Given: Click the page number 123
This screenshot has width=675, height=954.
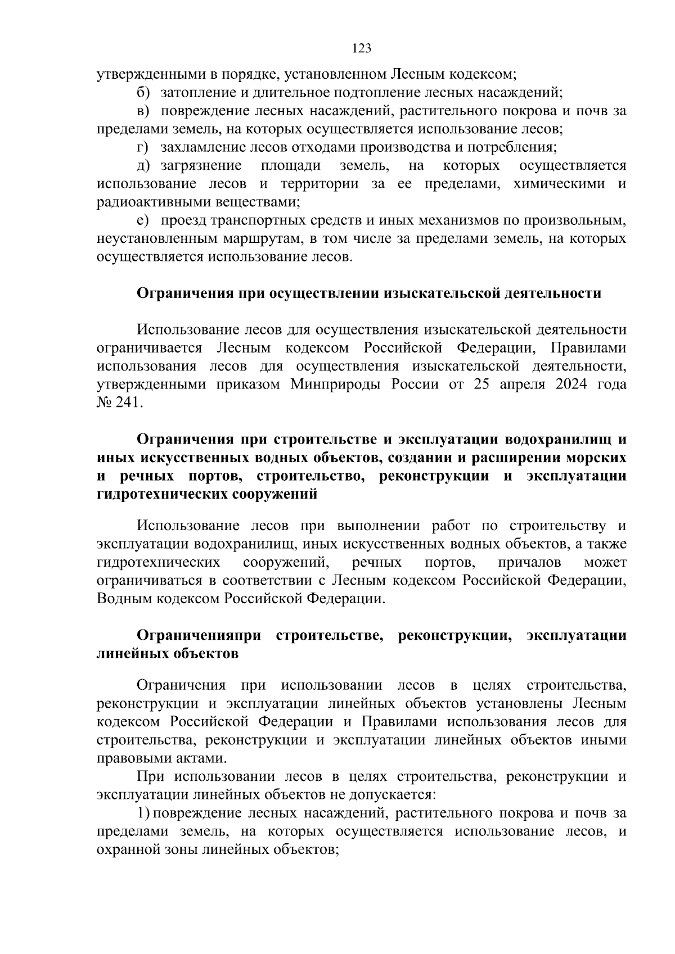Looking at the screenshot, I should click(x=362, y=48).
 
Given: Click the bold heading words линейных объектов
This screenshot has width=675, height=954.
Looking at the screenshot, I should click(x=168, y=654).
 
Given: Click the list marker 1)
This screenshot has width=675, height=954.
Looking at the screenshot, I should click(x=144, y=813).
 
